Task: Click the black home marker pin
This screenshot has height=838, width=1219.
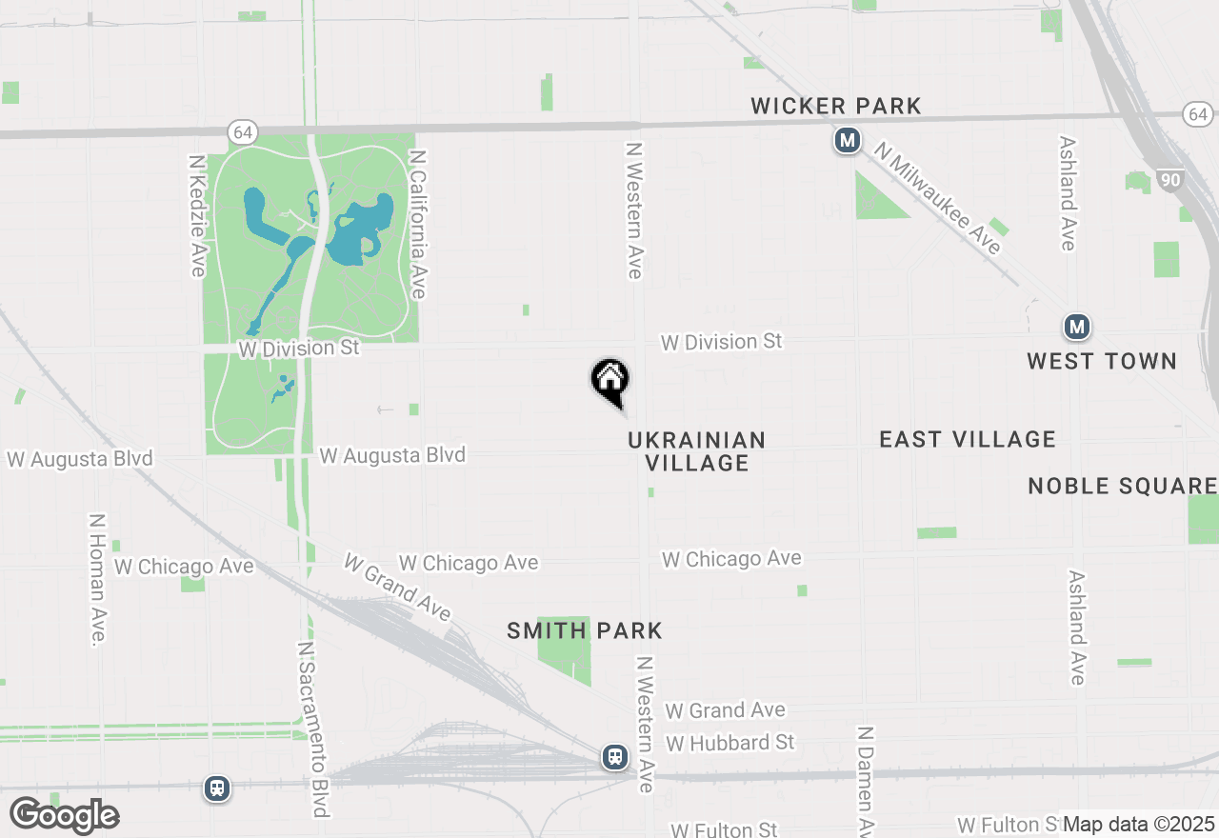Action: tap(609, 381)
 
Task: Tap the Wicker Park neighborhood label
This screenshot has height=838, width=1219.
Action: tap(835, 106)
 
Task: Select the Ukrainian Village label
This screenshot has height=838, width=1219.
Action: tap(696, 451)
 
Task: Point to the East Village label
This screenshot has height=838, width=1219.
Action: tap(967, 439)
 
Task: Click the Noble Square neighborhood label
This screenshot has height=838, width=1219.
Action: tap(1122, 486)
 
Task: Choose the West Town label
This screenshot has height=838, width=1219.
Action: tap(1101, 361)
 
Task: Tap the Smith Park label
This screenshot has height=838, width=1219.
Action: tap(585, 630)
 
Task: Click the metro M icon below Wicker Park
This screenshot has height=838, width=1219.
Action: tap(847, 141)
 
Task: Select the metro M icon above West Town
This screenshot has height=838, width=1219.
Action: tap(1076, 327)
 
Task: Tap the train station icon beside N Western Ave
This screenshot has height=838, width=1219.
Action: tap(615, 757)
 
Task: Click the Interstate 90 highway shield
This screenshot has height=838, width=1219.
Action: tap(1170, 179)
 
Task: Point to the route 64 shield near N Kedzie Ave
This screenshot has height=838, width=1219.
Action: tap(243, 131)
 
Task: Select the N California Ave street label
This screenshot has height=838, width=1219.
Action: tap(416, 224)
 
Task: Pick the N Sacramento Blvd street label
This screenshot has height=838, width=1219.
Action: tap(313, 728)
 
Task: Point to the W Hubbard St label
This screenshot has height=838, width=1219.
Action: tap(729, 742)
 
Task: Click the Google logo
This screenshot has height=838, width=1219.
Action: tap(64, 816)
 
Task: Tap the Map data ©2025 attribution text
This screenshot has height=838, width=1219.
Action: tap(1138, 824)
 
